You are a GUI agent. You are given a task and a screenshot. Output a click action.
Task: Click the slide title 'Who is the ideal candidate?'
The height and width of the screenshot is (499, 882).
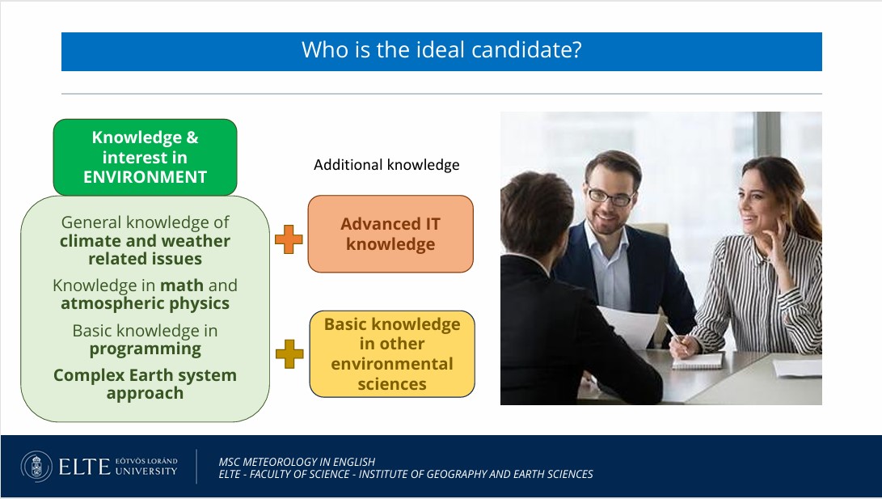pos(441,50)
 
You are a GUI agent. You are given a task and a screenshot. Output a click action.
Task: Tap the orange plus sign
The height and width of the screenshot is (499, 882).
pos(289,239)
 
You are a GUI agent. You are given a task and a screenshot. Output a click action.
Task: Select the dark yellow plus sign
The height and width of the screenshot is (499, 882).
pos(289,354)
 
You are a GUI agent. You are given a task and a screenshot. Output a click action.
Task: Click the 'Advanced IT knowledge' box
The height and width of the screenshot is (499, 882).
pos(390,234)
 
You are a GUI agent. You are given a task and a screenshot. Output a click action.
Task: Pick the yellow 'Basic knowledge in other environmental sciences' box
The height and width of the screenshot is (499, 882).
pos(392,354)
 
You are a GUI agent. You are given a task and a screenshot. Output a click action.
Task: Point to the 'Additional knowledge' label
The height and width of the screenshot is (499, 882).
pos(386,165)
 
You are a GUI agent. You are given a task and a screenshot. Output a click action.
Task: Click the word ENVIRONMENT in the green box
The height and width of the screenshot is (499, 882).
pos(146,176)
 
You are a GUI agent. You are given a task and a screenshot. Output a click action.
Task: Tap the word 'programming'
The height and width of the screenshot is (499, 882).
pos(146,349)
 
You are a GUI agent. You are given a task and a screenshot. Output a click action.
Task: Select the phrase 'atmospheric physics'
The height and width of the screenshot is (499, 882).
pos(146,304)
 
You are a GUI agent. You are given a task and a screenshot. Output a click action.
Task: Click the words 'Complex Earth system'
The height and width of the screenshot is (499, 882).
pos(146,375)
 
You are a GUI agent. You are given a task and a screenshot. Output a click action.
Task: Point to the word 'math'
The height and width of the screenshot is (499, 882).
pos(182,285)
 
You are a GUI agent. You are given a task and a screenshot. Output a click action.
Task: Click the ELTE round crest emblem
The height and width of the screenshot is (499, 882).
pos(36,467)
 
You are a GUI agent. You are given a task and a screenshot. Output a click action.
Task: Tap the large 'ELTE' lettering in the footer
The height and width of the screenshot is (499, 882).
pos(84,467)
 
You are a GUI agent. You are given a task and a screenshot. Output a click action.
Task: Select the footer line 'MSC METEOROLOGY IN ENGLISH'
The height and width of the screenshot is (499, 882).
pos(297,462)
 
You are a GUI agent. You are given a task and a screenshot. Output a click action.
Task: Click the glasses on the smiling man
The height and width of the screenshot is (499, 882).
pos(610,197)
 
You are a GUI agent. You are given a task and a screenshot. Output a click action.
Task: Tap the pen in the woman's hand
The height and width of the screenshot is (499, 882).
pos(673,332)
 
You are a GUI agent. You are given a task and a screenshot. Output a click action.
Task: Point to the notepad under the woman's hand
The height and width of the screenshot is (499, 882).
pos(698,362)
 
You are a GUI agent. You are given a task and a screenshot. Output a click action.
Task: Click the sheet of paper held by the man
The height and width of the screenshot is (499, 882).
pos(630,326)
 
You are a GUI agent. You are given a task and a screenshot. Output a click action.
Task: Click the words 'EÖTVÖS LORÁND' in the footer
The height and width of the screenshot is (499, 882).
pos(146,461)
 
